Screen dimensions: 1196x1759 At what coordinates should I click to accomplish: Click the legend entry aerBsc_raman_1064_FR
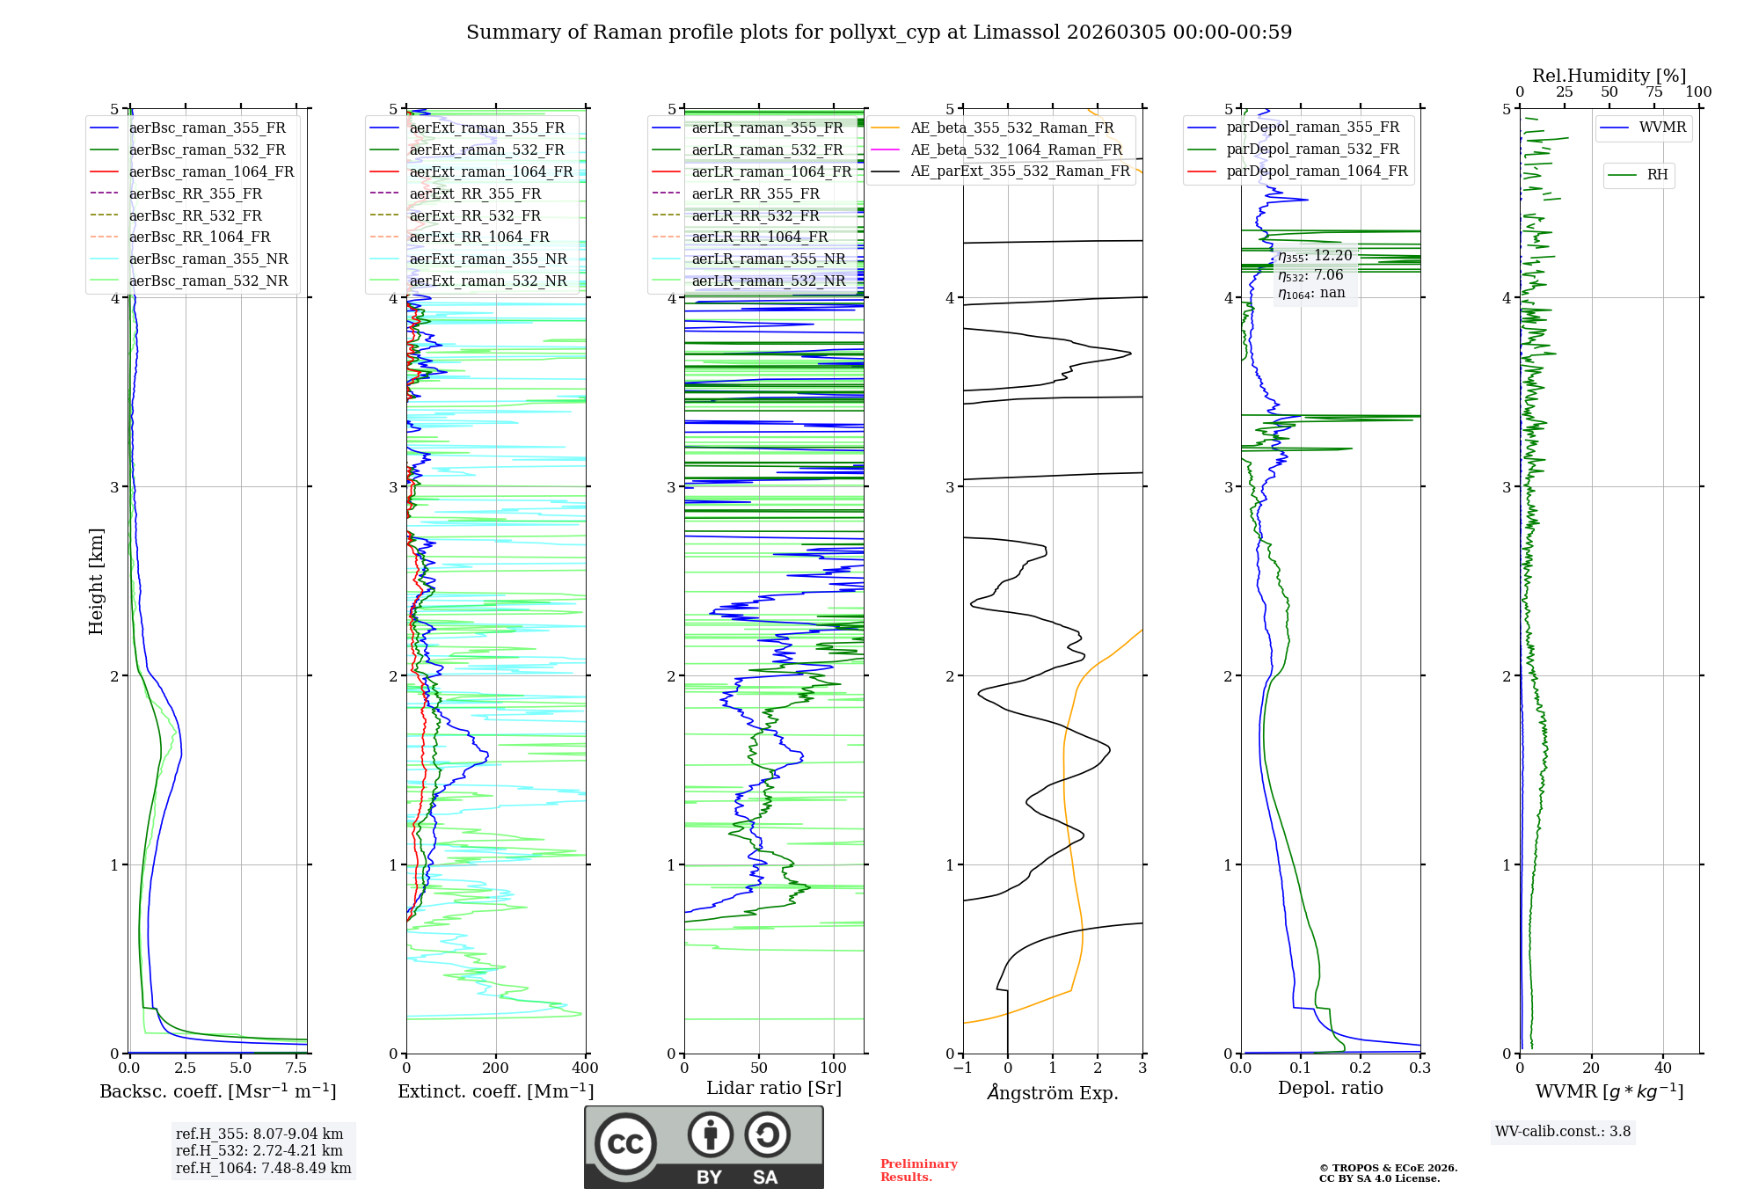pyautogui.click(x=211, y=171)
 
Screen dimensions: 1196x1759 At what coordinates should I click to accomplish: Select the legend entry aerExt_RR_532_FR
pyautogui.click(x=475, y=215)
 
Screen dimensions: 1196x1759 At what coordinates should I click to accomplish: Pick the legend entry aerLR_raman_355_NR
pyautogui.click(x=768, y=259)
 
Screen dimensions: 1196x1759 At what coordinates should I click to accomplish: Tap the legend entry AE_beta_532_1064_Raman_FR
pyautogui.click(x=1016, y=149)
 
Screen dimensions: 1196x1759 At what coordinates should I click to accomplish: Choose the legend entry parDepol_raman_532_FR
pyautogui.click(x=1312, y=149)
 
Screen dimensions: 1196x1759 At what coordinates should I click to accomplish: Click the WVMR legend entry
pyautogui.click(x=1662, y=128)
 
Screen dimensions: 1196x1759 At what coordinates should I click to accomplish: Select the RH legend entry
pyautogui.click(x=1657, y=175)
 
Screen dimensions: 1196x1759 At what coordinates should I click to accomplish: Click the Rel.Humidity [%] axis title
pyautogui.click(x=1609, y=76)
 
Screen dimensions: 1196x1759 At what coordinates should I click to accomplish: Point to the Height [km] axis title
pyautogui.click(x=96, y=581)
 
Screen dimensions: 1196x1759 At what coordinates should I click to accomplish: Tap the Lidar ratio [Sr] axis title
pyautogui.click(x=774, y=1088)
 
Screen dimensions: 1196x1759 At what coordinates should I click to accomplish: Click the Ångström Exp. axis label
pyautogui.click(x=1053, y=1092)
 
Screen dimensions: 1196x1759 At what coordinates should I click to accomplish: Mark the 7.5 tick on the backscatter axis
pyautogui.click(x=296, y=1068)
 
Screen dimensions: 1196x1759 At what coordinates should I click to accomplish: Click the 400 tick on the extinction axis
pyautogui.click(x=586, y=1068)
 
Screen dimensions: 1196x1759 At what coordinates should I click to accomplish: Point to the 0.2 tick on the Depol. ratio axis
pyautogui.click(x=1361, y=1068)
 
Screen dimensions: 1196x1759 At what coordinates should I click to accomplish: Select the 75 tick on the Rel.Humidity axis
pyautogui.click(x=1653, y=92)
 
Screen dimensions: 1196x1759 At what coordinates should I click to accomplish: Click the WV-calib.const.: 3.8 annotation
pyautogui.click(x=1563, y=1132)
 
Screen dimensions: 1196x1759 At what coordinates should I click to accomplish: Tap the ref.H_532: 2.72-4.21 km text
pyautogui.click(x=259, y=1150)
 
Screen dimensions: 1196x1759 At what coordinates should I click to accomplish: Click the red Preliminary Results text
pyautogui.click(x=918, y=1170)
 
